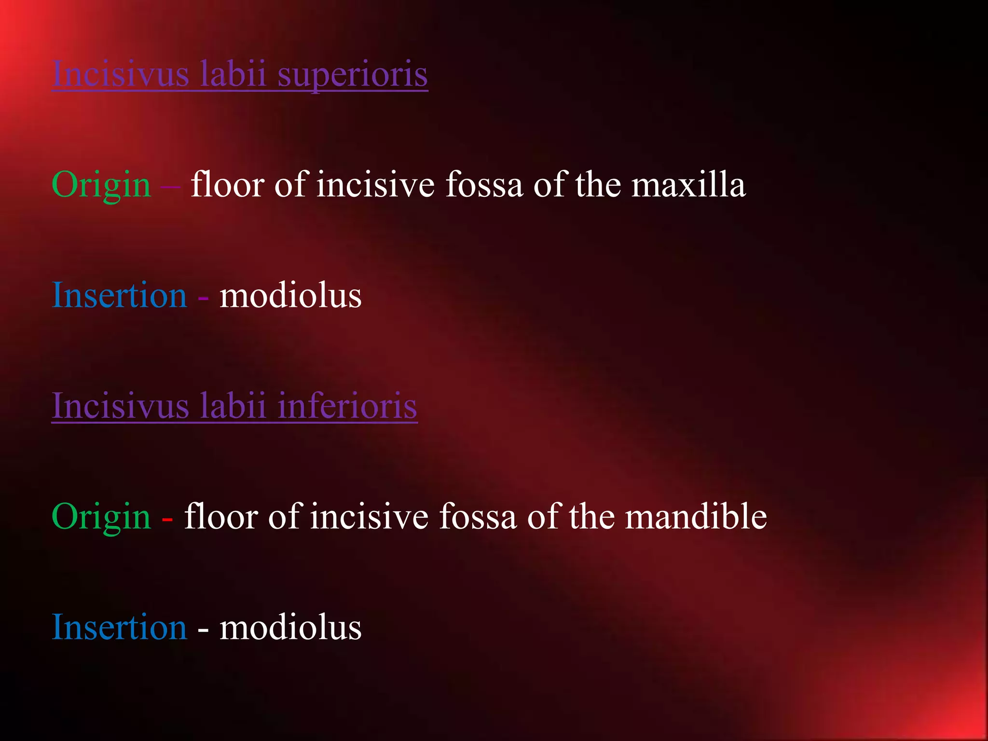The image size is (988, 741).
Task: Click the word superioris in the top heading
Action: click(353, 74)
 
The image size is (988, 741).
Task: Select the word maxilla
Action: click(688, 185)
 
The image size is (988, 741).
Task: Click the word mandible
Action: click(696, 517)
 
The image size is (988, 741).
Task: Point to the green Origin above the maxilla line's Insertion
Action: click(101, 186)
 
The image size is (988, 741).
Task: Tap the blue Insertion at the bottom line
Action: click(119, 627)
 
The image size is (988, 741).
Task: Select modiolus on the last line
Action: click(290, 627)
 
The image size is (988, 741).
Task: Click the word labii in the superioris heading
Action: click(233, 74)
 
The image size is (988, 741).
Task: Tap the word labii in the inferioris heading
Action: click(233, 406)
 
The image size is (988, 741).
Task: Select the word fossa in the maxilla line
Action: click(484, 185)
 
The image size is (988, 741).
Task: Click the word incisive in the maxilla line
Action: click(376, 185)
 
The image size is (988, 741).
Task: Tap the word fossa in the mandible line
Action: click(478, 517)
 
